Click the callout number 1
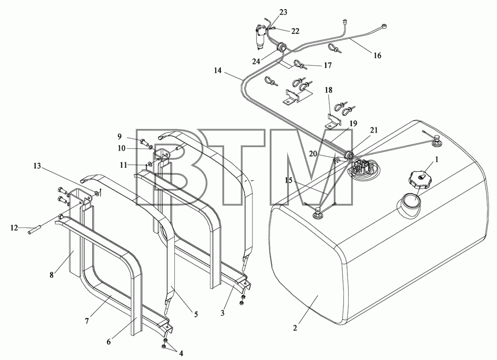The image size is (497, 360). [x=437, y=160]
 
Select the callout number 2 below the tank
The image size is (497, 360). [x=295, y=328]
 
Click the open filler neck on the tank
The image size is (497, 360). [x=409, y=206]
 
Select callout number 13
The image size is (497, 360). [x=37, y=166]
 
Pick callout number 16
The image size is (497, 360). [x=377, y=56]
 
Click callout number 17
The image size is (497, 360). [x=328, y=65]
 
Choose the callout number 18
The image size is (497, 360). [x=328, y=90]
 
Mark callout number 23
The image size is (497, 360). [x=284, y=12]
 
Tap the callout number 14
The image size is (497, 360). [x=217, y=70]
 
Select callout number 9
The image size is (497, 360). [x=119, y=137]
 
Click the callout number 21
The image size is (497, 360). [x=374, y=130]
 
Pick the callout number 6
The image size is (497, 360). [x=108, y=341]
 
